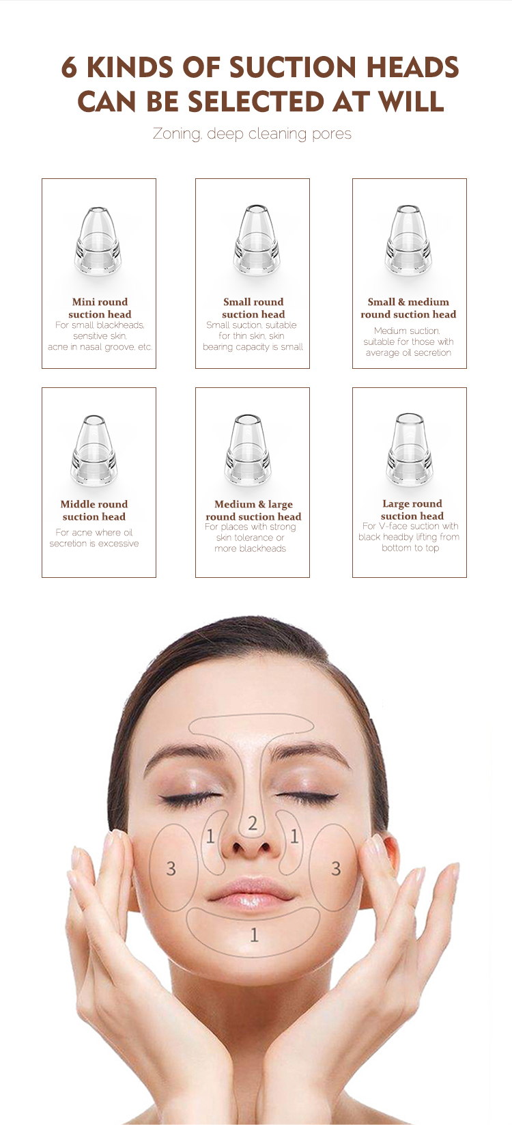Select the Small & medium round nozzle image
pyautogui.click(x=408, y=240)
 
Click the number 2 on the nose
pyautogui.click(x=253, y=823)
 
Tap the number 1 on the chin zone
pyautogui.click(x=254, y=934)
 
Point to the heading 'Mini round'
pyautogui.click(x=100, y=302)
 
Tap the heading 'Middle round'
pyautogui.click(x=94, y=504)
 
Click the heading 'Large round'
pyautogui.click(x=412, y=503)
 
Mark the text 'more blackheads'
pyautogui.click(x=250, y=548)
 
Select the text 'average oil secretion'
pyautogui.click(x=408, y=353)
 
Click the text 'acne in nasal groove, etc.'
pyautogui.click(x=100, y=347)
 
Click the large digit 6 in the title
pyautogui.click(x=69, y=68)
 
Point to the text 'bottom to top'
pyautogui.click(x=410, y=548)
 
